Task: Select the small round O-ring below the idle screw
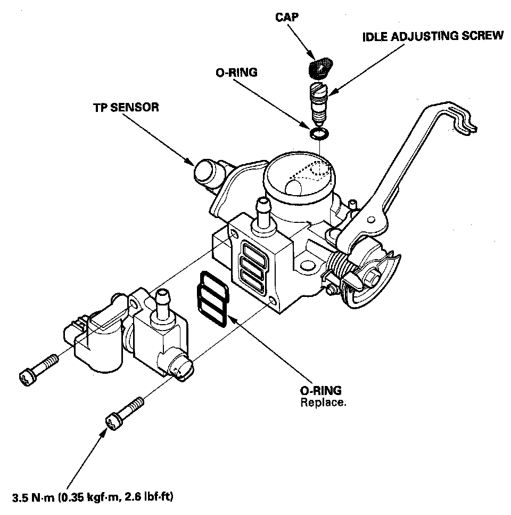pos(318,132)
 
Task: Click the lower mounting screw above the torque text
pos(126,412)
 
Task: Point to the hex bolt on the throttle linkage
pos(374,278)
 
